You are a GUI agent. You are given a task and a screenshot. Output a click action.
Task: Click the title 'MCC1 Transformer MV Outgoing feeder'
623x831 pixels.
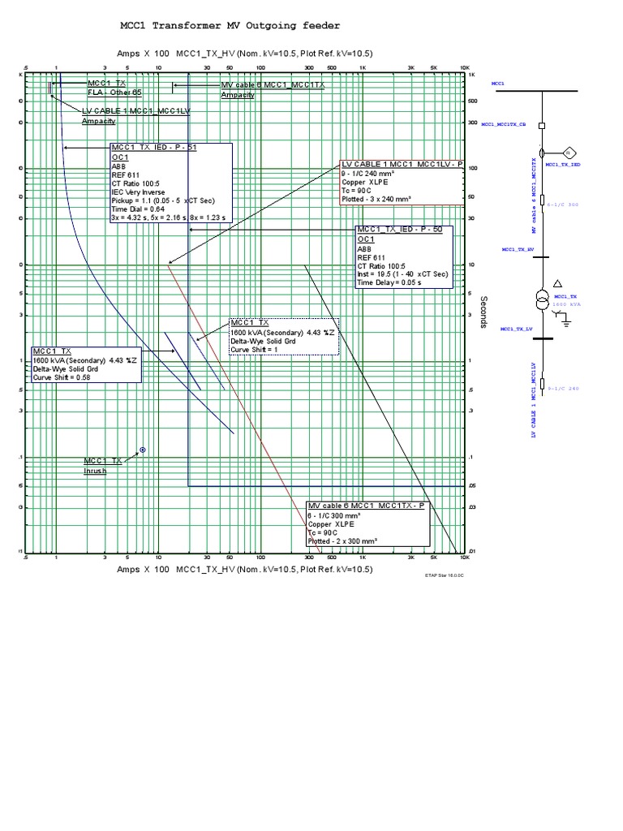[230, 27]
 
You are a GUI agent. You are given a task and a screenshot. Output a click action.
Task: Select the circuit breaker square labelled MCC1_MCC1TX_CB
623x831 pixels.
[542, 125]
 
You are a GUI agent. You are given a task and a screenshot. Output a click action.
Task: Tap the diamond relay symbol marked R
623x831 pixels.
[569, 152]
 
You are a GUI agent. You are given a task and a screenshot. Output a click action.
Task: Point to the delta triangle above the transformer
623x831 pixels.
[557, 282]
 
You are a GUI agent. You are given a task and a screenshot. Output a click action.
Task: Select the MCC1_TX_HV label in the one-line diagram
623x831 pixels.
[517, 250]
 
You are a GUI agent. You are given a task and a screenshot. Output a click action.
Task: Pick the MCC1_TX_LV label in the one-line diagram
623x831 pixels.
[517, 329]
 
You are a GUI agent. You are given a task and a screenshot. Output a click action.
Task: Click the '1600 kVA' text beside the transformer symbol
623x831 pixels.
[565, 304]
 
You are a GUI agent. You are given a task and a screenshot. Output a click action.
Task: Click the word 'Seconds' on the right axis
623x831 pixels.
[483, 312]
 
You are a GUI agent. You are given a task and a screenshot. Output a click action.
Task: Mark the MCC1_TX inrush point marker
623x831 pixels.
[143, 449]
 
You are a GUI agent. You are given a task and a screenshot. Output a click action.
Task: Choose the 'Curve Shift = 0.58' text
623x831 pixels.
[62, 377]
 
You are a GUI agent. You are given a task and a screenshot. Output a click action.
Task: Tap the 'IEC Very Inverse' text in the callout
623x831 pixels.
[139, 192]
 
